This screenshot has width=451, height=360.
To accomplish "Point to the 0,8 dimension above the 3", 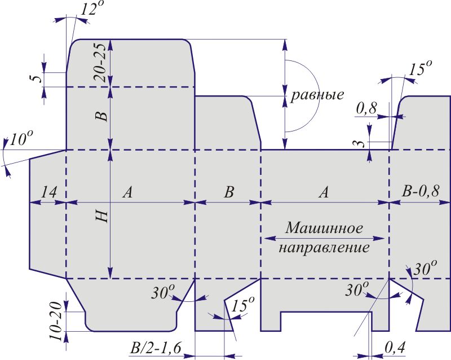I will coord(367,108).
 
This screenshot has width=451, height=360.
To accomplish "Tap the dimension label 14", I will coord(48,192).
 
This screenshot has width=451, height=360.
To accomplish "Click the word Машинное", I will coord(324,228).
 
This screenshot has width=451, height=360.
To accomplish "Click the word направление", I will coord(325,248).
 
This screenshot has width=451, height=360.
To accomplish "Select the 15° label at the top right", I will coord(420,69).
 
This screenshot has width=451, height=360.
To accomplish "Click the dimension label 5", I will coord(36,78).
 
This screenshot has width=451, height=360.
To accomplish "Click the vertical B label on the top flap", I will coord(101,117).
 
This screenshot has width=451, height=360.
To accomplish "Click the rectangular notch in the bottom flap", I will coord(325,321).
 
